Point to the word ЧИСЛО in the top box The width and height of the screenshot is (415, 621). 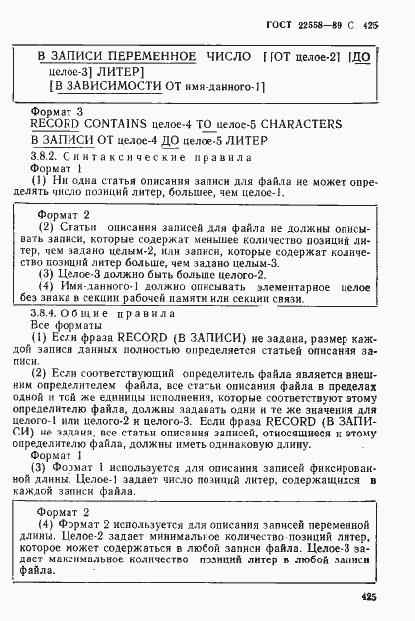tap(231, 58)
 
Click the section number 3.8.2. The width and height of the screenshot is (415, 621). tap(51, 157)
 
